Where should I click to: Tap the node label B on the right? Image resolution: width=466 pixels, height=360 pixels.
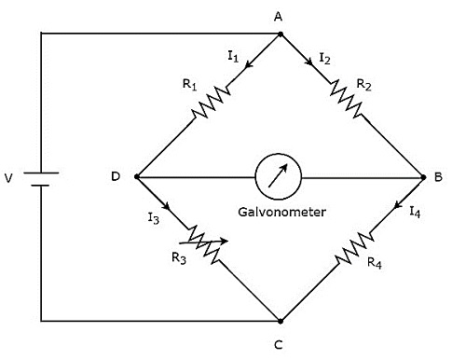[x=437, y=176]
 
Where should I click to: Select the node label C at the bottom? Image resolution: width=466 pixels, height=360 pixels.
[x=278, y=346]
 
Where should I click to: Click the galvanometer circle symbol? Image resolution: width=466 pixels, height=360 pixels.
[x=277, y=176]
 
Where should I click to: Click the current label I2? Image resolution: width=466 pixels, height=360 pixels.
[x=323, y=58]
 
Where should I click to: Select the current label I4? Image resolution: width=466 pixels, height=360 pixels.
[x=415, y=213]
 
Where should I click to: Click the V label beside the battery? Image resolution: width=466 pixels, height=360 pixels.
[x=11, y=176]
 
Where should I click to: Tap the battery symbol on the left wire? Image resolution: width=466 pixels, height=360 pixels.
[x=40, y=176]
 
